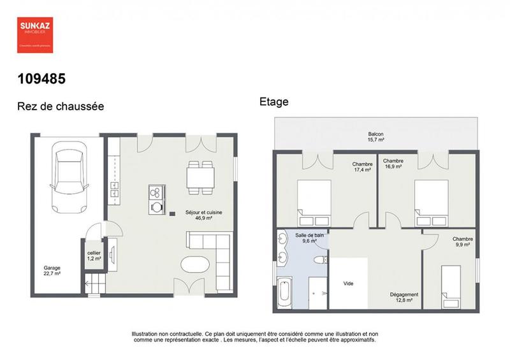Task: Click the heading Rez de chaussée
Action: point(61,106)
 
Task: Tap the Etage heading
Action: point(274,101)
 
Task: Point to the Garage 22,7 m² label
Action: point(52,271)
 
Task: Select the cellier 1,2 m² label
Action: point(94,256)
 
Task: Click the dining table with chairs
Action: point(200,176)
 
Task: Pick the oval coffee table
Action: point(195,266)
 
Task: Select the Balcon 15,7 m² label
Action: point(375,136)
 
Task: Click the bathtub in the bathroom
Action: point(285,294)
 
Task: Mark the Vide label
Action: point(348,284)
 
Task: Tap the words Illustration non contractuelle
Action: point(167,333)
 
